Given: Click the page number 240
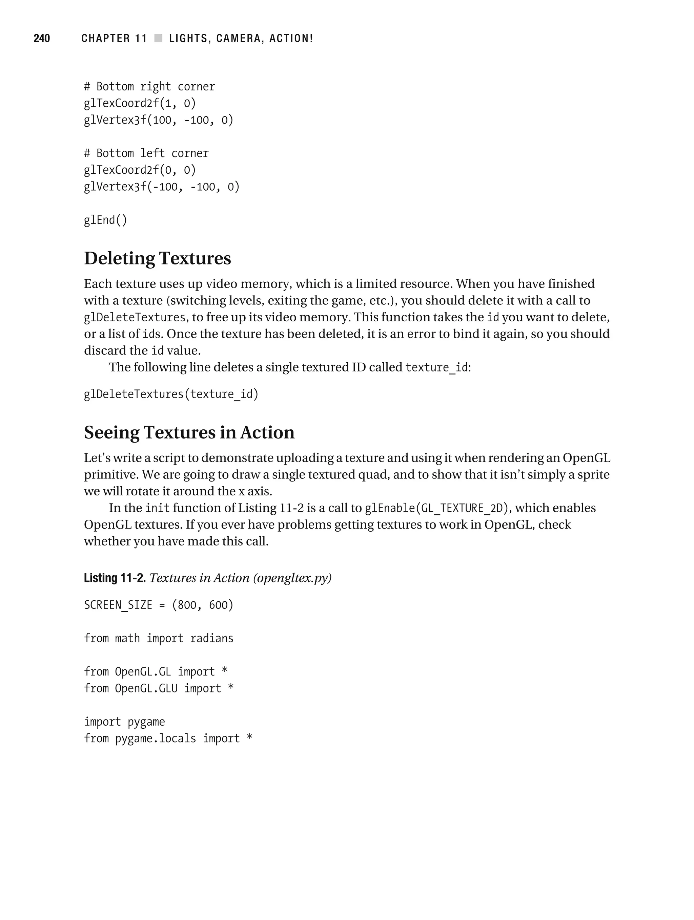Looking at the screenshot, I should (x=42, y=38).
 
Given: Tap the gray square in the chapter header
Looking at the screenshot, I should (x=158, y=38).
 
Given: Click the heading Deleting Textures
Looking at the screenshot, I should (x=157, y=258).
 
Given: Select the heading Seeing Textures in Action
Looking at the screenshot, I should (x=189, y=432).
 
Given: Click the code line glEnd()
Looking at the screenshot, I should (x=105, y=220).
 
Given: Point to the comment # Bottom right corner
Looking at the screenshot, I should (x=149, y=86).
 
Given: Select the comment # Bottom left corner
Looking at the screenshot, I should (x=146, y=153).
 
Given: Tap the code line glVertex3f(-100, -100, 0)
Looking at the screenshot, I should (x=162, y=187).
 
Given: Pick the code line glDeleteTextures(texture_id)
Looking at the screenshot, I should (x=171, y=394).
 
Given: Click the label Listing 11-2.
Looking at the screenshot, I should (x=115, y=578).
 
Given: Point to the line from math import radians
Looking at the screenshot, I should (x=159, y=638).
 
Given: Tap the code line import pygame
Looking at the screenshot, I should (x=124, y=722).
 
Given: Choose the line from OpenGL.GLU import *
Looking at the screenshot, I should (x=159, y=688).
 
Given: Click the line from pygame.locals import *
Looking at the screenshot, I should (x=168, y=738).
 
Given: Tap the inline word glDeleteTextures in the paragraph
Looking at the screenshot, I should (x=135, y=317).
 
